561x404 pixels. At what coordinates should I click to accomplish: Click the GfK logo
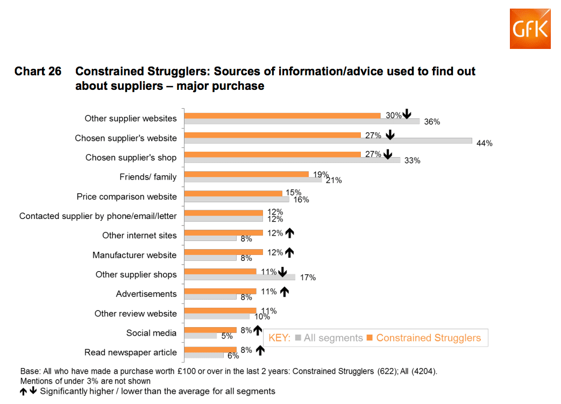point(530,29)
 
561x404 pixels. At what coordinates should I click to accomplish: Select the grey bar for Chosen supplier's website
point(328,141)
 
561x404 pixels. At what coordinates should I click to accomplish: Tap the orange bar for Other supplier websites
point(282,115)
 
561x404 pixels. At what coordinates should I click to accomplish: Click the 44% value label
point(485,143)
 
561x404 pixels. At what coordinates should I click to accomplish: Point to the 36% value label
point(432,122)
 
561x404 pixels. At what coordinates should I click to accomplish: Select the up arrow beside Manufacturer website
point(290,252)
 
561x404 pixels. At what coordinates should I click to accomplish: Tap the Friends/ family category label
point(148,177)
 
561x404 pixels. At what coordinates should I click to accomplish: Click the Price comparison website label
point(126,196)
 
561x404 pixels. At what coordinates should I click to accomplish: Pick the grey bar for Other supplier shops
point(240,277)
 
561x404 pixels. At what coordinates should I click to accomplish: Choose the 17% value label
point(308,278)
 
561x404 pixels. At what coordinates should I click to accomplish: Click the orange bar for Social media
point(210,330)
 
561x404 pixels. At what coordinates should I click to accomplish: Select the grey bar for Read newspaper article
point(204,355)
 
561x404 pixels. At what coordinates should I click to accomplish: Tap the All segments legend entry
point(329,338)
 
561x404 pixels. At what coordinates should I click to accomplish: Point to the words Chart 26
point(38,72)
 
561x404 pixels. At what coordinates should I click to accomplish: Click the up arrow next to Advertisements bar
point(285,291)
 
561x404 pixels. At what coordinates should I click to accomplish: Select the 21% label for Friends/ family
point(334,180)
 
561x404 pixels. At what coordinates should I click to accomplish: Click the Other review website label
point(136,314)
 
